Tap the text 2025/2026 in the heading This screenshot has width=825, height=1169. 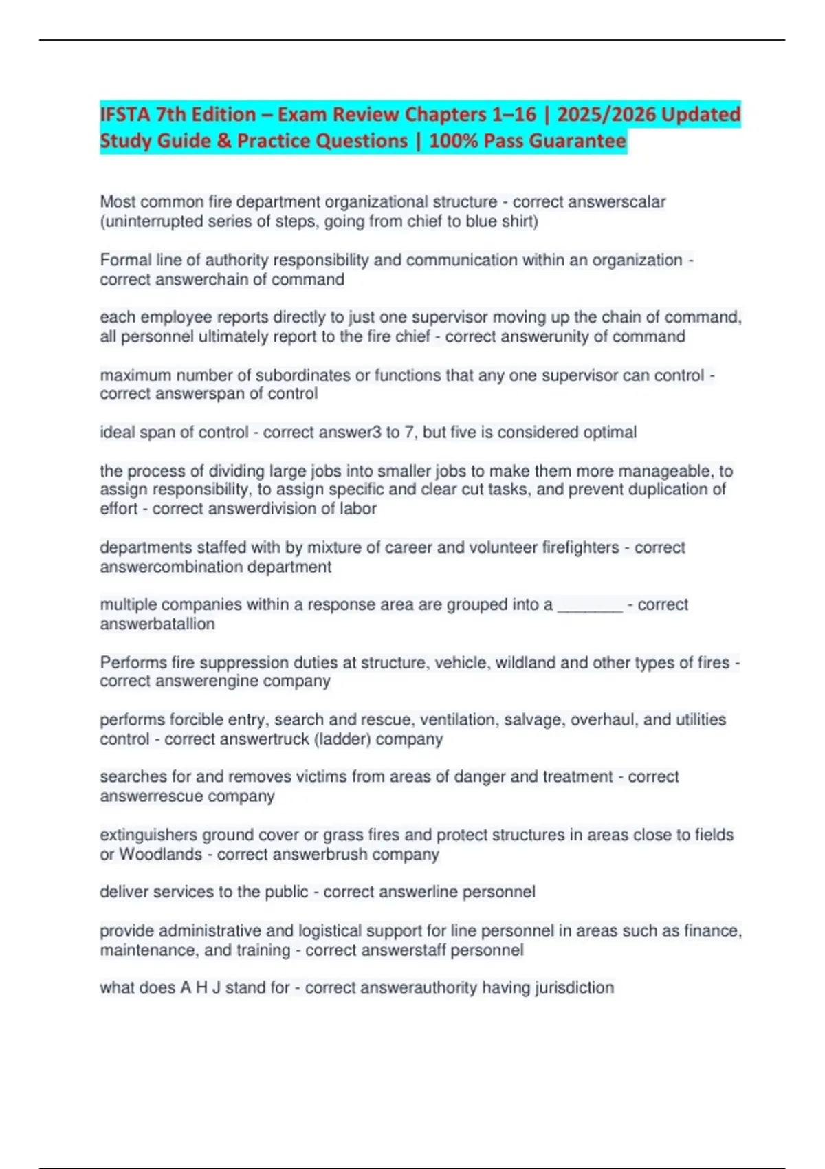coord(597,114)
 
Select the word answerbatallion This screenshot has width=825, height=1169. coord(157,624)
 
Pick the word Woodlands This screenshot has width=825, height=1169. coord(161,855)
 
